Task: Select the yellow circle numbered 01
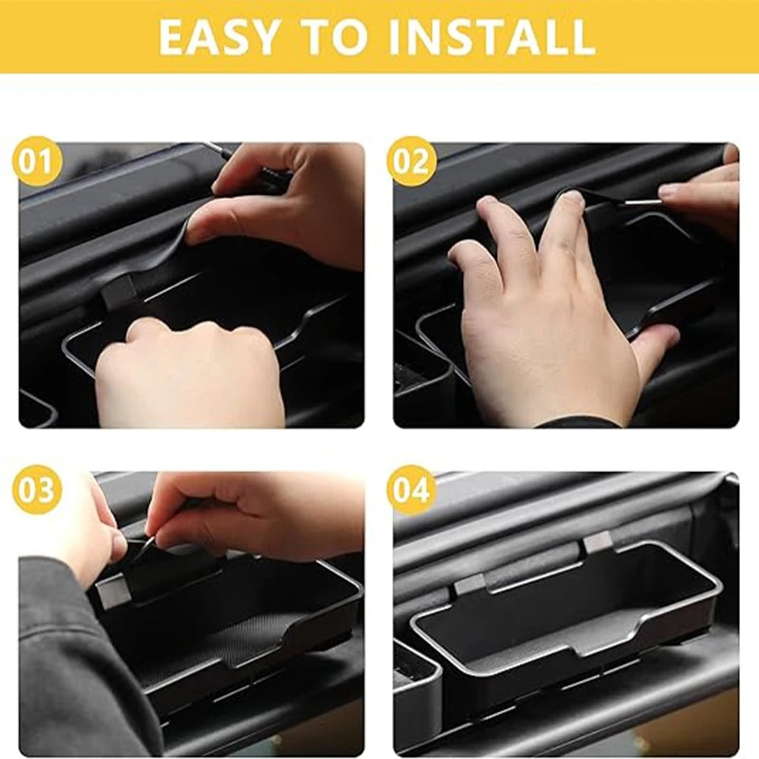(x=36, y=161)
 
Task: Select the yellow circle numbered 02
(x=411, y=161)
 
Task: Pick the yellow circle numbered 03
(x=36, y=490)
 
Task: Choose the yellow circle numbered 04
(x=411, y=490)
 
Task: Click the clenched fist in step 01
(x=190, y=372)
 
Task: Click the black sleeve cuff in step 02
(x=577, y=422)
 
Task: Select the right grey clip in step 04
(x=597, y=541)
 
